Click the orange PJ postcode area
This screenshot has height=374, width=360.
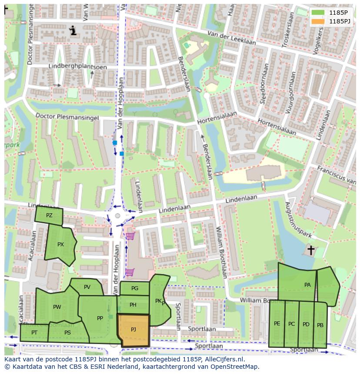(x=133, y=330)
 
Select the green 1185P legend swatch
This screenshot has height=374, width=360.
(x=318, y=13)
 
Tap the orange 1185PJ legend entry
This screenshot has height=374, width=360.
(x=318, y=21)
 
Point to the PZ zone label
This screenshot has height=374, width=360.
(x=49, y=215)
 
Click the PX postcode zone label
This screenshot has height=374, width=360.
(x=60, y=245)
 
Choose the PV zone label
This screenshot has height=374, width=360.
(x=87, y=287)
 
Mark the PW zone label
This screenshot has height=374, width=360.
(x=57, y=307)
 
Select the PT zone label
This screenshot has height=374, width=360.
(x=34, y=332)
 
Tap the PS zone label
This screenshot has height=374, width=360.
(x=67, y=333)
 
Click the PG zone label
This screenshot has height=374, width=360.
(x=134, y=288)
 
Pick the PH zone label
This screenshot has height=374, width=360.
(x=133, y=305)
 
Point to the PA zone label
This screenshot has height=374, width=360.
(x=307, y=285)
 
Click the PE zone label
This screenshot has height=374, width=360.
(x=277, y=324)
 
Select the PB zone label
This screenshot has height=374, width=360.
(x=320, y=325)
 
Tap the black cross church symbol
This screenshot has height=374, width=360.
(x=310, y=250)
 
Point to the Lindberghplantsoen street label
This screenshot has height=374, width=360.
(x=71, y=66)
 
